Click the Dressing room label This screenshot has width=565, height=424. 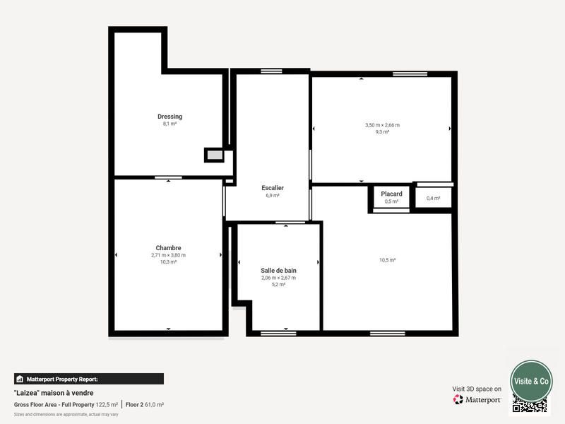point(169,117)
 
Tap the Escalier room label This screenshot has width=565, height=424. point(273,188)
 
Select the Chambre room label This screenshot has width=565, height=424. point(169,248)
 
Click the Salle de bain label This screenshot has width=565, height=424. point(278,271)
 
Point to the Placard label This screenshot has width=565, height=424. point(391,194)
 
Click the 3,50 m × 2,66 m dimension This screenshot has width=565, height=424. point(382,125)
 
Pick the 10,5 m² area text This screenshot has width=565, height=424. point(387,260)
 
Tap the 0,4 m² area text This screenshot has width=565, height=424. point(433,199)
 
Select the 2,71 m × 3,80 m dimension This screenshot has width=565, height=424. point(168,255)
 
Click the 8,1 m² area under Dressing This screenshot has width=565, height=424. point(169,124)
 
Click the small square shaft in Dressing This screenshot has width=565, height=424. point(214,155)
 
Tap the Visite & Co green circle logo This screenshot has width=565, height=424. point(531,381)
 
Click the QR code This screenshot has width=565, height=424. point(530,406)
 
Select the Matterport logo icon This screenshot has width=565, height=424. point(458,400)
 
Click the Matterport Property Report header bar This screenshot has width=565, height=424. point(89,379)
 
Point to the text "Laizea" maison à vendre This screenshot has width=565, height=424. point(54,393)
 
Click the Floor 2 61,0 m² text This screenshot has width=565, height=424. point(145,405)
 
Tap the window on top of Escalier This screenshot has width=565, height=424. point(271,71)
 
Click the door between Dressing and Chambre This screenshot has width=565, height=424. point(168,177)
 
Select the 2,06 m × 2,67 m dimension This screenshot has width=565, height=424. point(278,278)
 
